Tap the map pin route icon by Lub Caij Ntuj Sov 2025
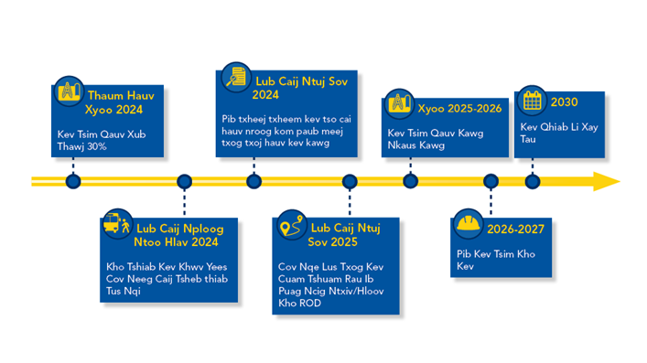click(x=292, y=227)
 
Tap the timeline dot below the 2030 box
click(x=533, y=181)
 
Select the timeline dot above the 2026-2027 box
click(x=491, y=181)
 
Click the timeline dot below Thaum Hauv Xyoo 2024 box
click(x=73, y=181)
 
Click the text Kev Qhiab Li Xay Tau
click(x=553, y=133)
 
